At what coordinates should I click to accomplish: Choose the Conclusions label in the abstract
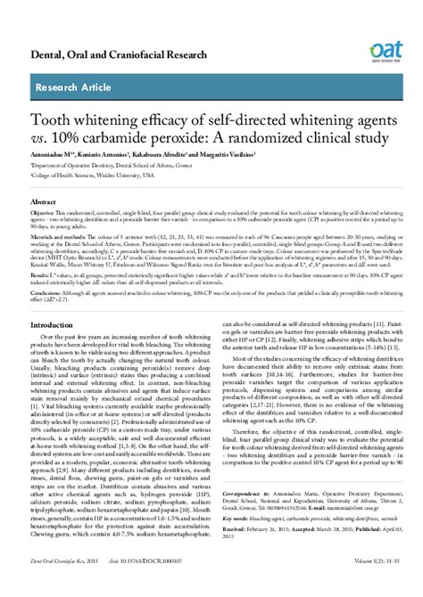coord(48,291)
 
